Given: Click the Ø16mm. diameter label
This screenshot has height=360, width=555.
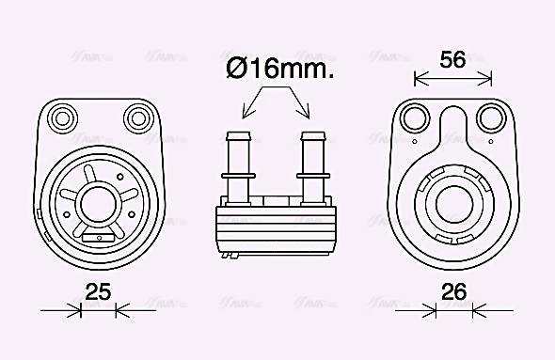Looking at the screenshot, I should [x=280, y=69].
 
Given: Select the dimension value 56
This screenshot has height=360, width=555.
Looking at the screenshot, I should [x=453, y=59].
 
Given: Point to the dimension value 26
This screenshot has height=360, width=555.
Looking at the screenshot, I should [x=453, y=292].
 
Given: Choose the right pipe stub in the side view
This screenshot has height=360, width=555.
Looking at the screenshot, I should [x=312, y=160].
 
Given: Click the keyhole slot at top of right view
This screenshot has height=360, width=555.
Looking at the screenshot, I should [x=452, y=127].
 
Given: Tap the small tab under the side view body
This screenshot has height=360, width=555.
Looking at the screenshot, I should [x=229, y=254].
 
